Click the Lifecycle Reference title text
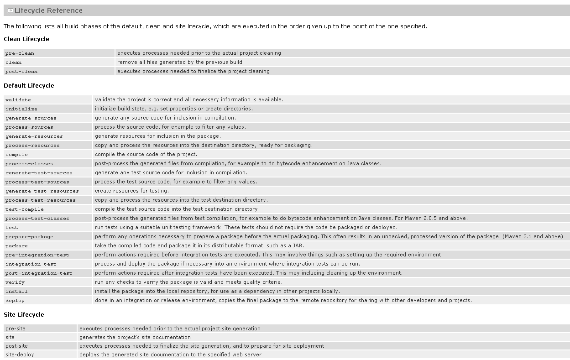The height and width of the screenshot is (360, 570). pyautogui.click(x=48, y=10)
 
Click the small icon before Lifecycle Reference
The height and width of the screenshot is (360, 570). pyautogui.click(x=10, y=10)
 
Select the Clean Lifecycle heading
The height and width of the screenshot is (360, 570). pyautogui.click(x=26, y=39)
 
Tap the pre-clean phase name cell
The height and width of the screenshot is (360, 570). pyautogui.click(x=20, y=53)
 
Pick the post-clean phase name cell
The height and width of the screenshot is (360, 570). pyautogui.click(x=21, y=72)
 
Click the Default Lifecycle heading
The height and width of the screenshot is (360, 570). pyautogui.click(x=29, y=86)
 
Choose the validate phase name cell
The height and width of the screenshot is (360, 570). pyautogui.click(x=18, y=100)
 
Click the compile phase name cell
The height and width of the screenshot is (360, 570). pyautogui.click(x=16, y=155)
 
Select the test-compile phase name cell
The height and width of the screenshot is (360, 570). pyautogui.click(x=25, y=209)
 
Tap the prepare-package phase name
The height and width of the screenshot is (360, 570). pyautogui.click(x=29, y=237)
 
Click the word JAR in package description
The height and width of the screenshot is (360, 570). pyautogui.click(x=298, y=245)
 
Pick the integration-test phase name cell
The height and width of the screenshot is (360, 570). pyautogui.click(x=31, y=264)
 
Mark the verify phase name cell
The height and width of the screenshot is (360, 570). pyautogui.click(x=15, y=282)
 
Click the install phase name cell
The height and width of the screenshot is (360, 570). pyautogui.click(x=16, y=292)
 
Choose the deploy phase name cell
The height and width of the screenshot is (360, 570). pyautogui.click(x=15, y=301)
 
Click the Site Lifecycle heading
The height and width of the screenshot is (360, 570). pyautogui.click(x=24, y=315)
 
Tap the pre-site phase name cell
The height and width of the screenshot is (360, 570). pyautogui.click(x=16, y=329)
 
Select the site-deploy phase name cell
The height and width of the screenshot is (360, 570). pyautogui.click(x=20, y=355)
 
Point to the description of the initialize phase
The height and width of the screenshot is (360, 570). pyautogui.click(x=173, y=109)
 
